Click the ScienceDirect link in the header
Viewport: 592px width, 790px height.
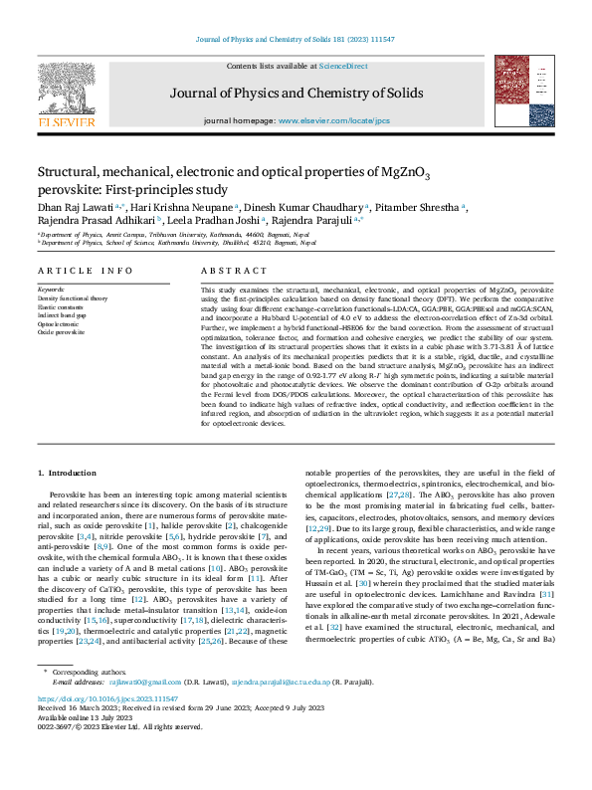[x=342, y=66]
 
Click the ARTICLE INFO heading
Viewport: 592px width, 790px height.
[x=85, y=270]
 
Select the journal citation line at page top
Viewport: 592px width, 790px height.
[x=296, y=41]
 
